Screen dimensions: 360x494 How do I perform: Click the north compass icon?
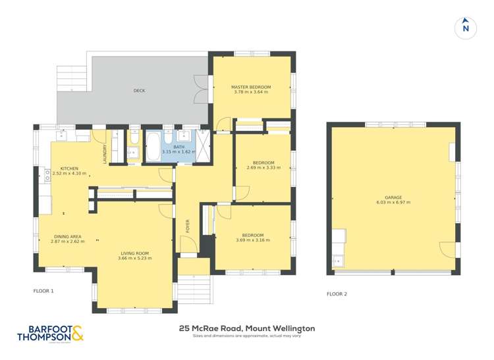coord(466,27)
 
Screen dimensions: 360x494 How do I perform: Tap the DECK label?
coord(139,91)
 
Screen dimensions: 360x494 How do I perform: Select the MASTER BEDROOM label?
coord(250,87)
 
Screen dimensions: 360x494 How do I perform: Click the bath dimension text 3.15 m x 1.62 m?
coord(179,152)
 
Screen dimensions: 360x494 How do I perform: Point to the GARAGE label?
coord(393,197)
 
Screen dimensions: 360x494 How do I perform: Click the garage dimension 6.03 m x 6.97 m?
coord(393,202)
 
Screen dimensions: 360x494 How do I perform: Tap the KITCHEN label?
coord(70,168)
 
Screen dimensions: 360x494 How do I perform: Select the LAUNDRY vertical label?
coord(104,153)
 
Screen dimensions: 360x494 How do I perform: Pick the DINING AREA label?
coord(66,236)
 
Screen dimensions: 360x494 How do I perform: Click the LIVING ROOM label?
coord(134,253)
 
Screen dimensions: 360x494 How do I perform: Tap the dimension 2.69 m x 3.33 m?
coord(263,168)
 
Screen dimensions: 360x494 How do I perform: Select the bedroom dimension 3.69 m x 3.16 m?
coord(252,240)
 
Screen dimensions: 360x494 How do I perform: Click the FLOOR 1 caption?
coord(43,290)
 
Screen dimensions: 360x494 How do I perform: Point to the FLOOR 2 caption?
coord(337,294)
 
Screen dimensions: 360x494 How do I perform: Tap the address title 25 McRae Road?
coord(246,328)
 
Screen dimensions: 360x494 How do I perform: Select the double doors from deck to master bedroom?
coord(201,91)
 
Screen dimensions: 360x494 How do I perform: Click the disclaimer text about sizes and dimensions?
coord(246,336)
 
